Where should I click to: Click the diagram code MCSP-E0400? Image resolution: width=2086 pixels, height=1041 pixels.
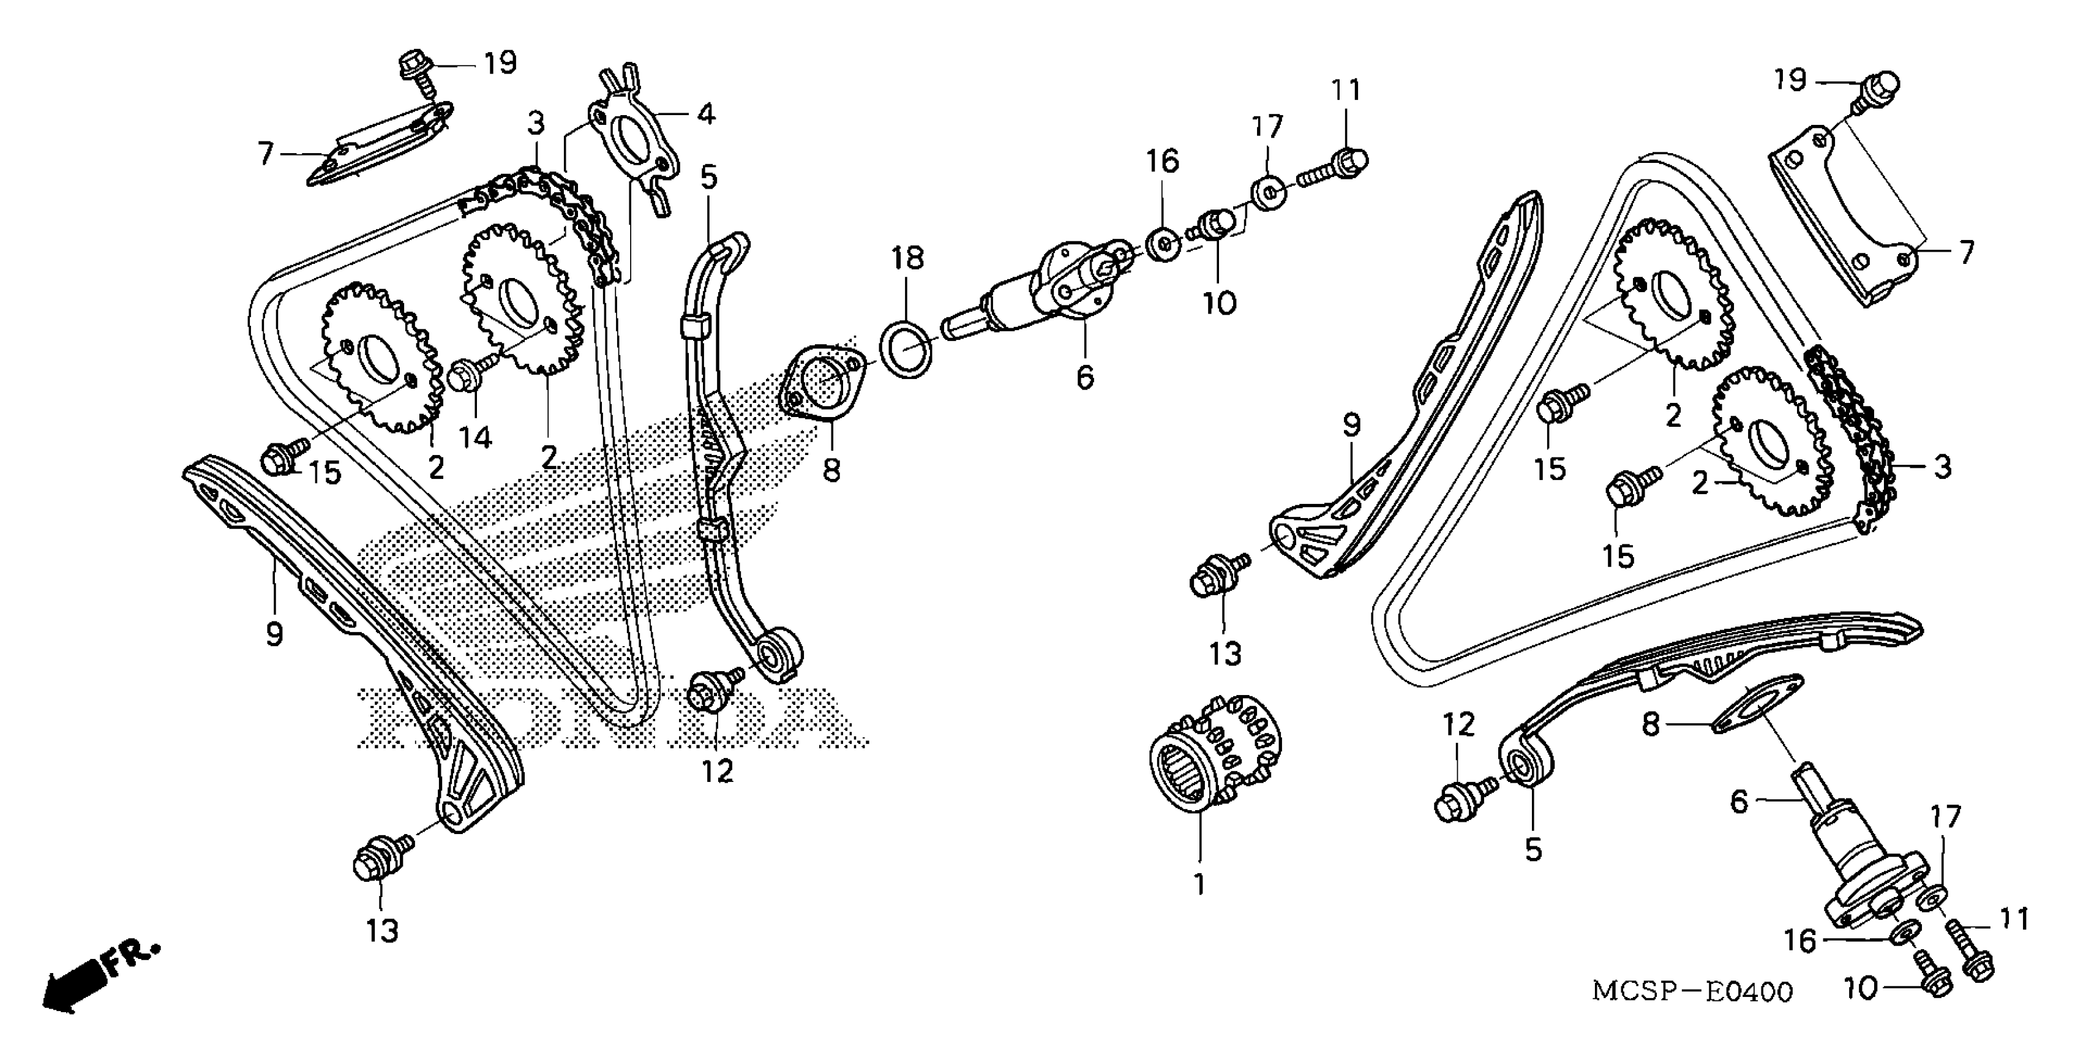[x=1692, y=991]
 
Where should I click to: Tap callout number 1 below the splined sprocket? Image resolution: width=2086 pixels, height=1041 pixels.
[x=1199, y=884]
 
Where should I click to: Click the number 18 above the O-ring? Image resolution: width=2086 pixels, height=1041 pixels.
[x=908, y=258]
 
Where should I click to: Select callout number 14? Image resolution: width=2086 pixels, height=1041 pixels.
[x=475, y=437]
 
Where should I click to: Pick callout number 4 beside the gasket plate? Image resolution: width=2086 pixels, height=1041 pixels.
[x=706, y=115]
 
